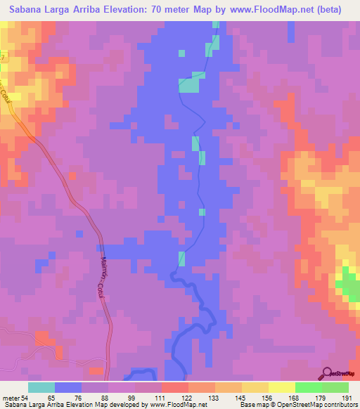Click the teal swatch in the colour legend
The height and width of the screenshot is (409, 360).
pos(41,387)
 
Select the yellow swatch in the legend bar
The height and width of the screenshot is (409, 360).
pos(281,387)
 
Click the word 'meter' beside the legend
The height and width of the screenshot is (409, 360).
pos(9,397)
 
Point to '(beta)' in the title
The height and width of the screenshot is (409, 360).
pos(328,10)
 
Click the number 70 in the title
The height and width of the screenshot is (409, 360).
pos(154,10)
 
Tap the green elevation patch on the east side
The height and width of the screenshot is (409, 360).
pos(346,285)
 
